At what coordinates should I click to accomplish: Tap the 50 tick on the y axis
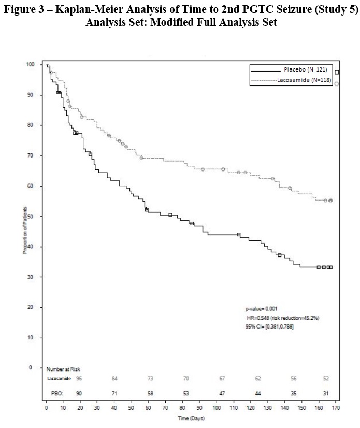[x=32, y=216]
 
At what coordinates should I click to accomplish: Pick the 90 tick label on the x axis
[x=198, y=408]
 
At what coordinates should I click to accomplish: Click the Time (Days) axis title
[x=192, y=418]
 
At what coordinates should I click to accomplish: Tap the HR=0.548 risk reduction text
[x=283, y=318]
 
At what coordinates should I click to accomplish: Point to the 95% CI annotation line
[x=269, y=326]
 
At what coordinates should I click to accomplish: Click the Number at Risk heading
[x=64, y=369]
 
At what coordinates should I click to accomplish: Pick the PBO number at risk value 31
[x=326, y=394]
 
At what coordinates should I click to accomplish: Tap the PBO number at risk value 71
[x=114, y=394]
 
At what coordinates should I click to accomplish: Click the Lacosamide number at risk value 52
[x=326, y=379]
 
